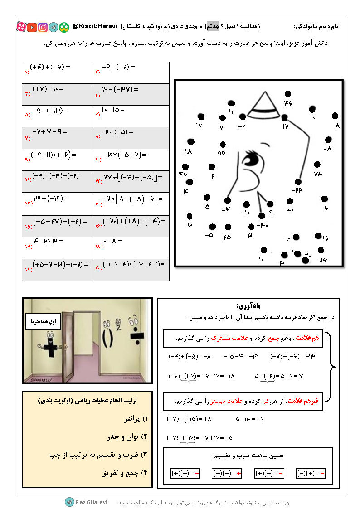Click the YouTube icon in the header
pos(32,27)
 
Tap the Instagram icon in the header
pos(43,27)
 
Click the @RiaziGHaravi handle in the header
pos(95,27)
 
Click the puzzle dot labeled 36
pos(287,94)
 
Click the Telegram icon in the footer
pos(69,502)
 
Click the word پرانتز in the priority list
pos(125,418)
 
